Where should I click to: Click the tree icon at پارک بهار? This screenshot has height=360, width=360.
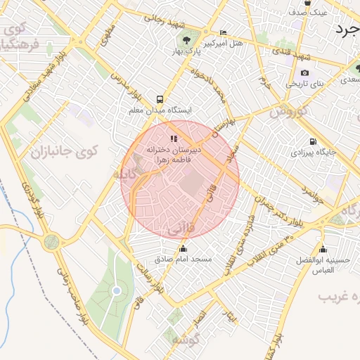186,41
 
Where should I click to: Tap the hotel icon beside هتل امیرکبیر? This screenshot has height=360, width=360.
223,33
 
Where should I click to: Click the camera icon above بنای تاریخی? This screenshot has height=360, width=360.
304,73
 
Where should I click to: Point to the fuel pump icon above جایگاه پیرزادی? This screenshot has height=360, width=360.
312,141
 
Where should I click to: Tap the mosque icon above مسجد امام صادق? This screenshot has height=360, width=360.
184,248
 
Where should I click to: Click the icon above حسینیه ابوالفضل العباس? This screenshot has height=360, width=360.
323,249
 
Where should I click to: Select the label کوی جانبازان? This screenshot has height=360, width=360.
62,151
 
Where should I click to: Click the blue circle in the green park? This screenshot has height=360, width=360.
117,290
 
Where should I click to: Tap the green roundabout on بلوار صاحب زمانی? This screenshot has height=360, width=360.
51,243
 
